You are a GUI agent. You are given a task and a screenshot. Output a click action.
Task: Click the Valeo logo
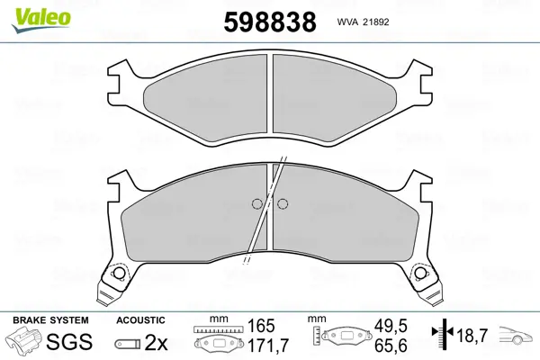(41, 20)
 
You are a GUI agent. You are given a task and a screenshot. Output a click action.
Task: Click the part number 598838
(270, 22)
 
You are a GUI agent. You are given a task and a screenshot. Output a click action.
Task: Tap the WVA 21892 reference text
(363, 22)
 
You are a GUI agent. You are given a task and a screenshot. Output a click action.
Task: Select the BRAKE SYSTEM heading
(50, 320)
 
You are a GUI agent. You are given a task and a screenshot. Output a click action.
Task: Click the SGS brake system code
(69, 342)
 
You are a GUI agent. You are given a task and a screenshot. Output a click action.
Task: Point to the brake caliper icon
(23, 341)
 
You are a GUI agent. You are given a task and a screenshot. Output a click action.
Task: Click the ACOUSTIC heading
(140, 320)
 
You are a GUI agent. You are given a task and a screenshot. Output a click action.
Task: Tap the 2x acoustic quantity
(156, 342)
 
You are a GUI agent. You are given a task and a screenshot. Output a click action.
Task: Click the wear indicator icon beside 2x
(128, 344)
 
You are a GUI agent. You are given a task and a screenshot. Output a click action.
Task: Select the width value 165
(261, 326)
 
